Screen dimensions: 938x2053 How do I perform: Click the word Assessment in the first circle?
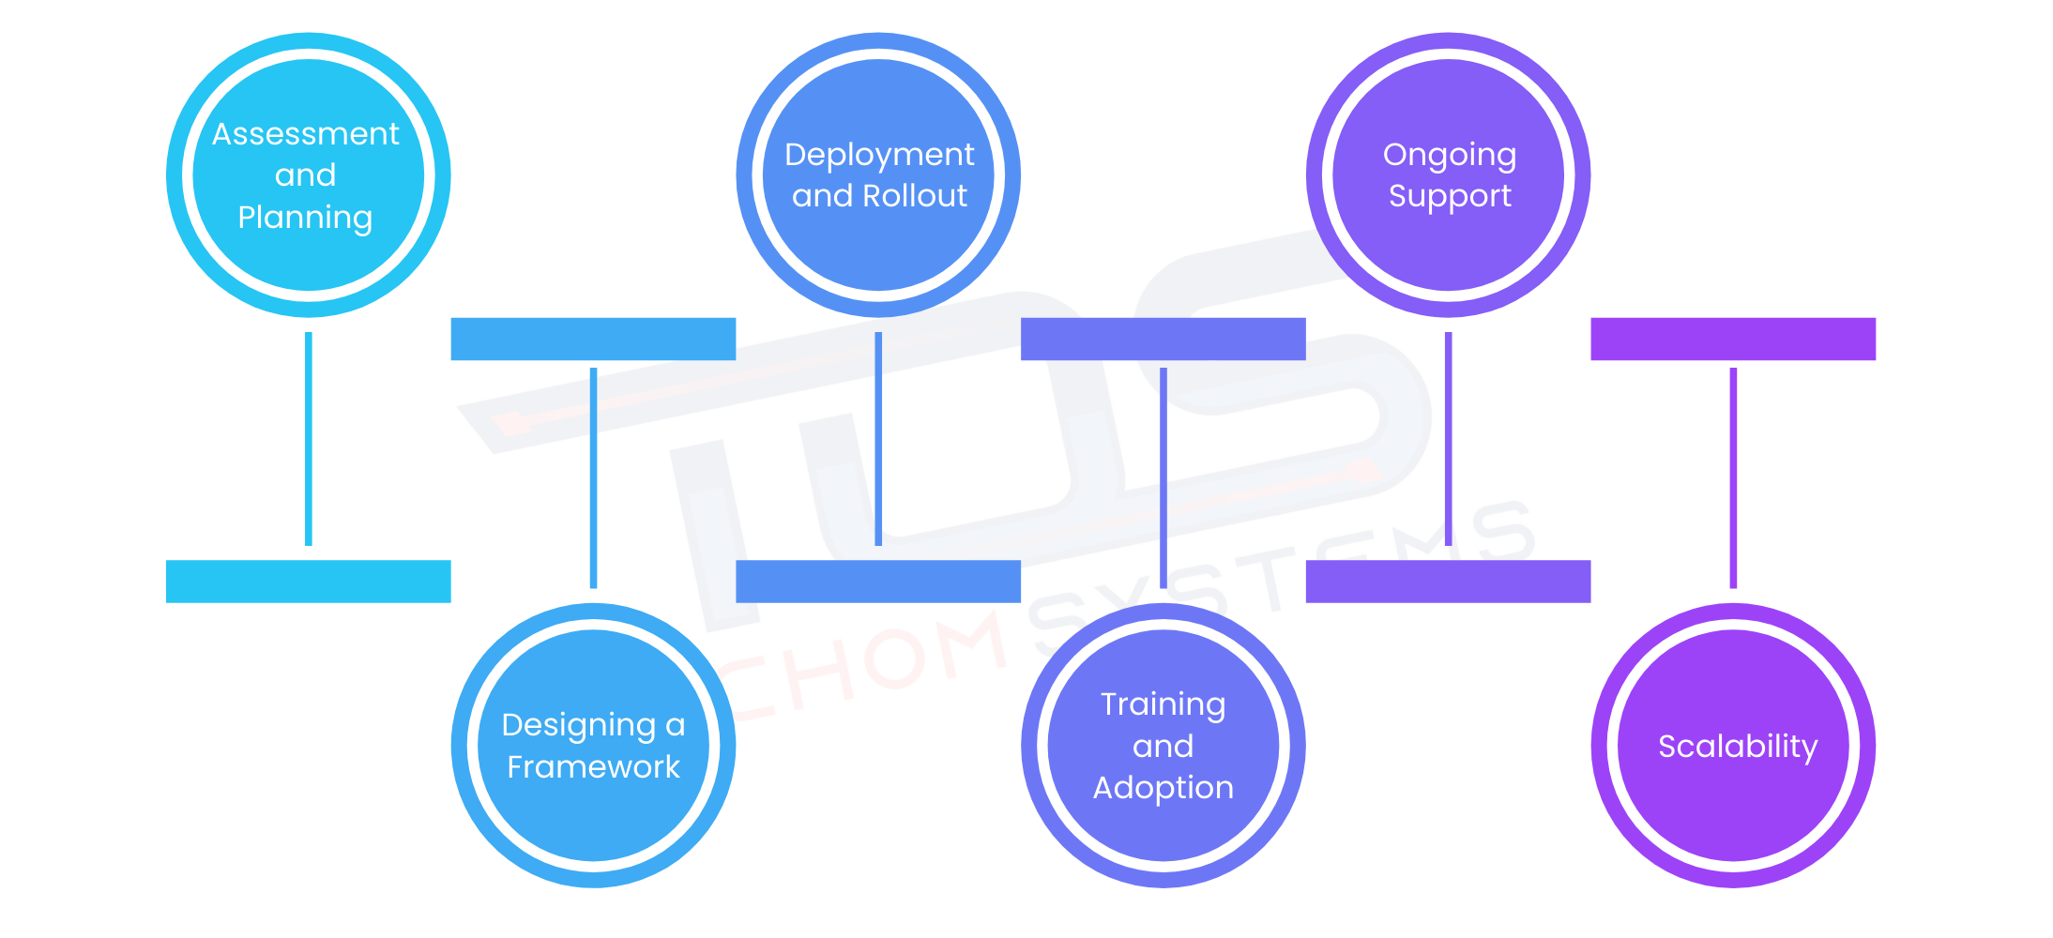point(306,134)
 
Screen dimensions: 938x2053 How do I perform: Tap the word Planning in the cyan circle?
point(306,218)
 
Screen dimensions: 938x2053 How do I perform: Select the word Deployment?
point(879,155)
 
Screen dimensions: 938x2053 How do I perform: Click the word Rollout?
point(914,196)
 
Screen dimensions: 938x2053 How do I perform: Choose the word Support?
point(1449,196)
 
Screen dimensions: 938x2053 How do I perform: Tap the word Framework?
point(593,767)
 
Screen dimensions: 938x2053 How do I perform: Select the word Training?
point(1163,704)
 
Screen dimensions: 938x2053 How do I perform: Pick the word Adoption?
point(1163,788)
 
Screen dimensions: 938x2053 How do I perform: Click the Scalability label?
point(1737,747)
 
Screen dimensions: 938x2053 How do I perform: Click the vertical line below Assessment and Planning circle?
point(309,438)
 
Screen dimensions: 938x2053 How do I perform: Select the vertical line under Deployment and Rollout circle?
point(878,438)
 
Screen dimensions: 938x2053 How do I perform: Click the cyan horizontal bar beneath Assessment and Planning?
point(309,582)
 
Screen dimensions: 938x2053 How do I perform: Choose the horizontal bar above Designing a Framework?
point(593,339)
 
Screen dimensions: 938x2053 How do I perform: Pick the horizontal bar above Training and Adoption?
point(1163,339)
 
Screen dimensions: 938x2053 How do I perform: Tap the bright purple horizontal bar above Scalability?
point(1733,339)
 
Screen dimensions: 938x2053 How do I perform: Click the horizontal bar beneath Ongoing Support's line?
point(1448,582)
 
